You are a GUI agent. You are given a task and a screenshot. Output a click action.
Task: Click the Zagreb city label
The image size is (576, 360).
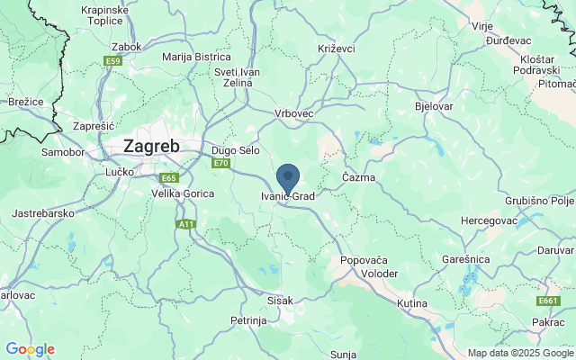point(150,147)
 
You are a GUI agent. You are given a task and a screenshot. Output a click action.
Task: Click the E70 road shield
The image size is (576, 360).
point(220,163)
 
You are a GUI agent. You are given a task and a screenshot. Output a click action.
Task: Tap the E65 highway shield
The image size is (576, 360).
point(168,178)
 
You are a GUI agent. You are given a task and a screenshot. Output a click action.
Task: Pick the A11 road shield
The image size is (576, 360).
point(187,224)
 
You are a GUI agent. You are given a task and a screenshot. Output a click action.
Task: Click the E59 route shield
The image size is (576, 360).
point(112,61)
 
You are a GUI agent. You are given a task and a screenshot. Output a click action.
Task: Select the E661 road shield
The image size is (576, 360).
point(548,301)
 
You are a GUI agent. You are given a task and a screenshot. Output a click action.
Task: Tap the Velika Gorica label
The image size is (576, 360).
point(181,193)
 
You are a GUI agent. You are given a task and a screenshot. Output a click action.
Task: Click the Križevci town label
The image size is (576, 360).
point(337,47)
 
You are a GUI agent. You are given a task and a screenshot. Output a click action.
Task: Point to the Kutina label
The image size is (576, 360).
point(412,304)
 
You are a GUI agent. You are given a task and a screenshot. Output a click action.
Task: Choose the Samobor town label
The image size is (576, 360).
point(62,152)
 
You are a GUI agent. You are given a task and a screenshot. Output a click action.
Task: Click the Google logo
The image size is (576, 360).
point(30,349)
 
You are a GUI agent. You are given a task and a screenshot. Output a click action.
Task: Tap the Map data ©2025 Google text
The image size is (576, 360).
point(519,353)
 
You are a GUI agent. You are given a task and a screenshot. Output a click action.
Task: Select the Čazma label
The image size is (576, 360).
point(358,177)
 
